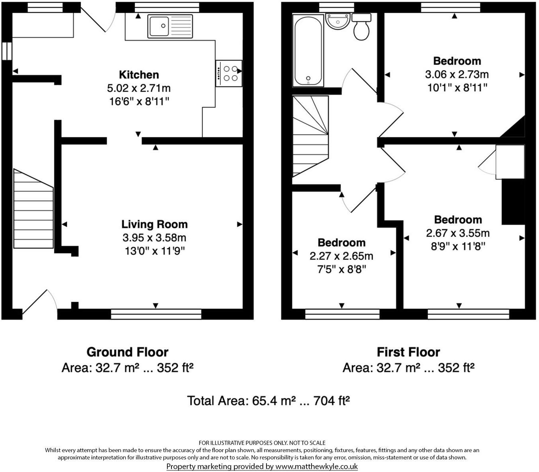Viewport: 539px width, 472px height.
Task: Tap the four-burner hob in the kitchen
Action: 229,73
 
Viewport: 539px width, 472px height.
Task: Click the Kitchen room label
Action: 139,75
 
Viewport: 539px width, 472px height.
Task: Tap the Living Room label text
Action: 154,224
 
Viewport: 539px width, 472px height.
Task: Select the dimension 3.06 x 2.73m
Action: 457,74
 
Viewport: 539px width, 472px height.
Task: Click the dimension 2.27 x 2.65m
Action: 341,256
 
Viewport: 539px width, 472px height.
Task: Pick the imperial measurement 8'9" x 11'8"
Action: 457,246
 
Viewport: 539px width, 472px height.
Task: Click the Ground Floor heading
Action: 127,352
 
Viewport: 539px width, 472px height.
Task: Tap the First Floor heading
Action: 408,352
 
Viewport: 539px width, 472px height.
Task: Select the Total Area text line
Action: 269,400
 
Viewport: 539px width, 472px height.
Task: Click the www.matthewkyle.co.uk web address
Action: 317,466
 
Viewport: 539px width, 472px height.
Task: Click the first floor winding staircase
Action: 310,135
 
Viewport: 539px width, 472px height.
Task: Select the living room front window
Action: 156,314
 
